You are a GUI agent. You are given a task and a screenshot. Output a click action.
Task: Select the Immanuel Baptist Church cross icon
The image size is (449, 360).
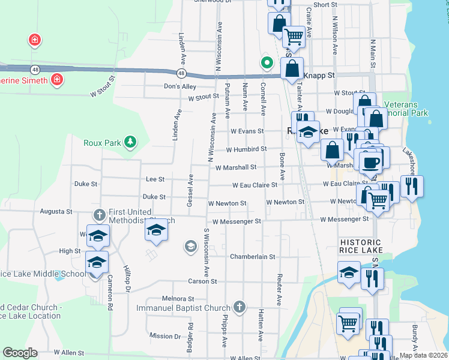click(x=240, y=308)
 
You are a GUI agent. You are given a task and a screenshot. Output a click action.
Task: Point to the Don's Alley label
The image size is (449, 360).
click(x=180, y=86)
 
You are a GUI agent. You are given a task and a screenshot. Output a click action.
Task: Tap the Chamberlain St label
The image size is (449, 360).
click(x=252, y=256)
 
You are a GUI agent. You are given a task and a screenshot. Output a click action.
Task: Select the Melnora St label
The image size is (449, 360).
click(x=178, y=298)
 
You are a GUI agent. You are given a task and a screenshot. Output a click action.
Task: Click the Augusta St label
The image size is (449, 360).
click(x=56, y=212)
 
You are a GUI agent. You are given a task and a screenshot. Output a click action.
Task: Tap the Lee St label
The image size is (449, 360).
click(x=155, y=179)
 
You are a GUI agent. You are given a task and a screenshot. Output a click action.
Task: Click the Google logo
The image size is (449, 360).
click(x=20, y=353)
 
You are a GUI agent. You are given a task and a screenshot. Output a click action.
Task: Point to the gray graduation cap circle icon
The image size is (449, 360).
click(x=190, y=246)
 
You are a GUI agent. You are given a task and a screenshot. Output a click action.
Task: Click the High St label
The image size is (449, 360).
click(x=70, y=251)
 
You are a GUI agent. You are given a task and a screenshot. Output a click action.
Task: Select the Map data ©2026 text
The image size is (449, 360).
click(x=423, y=355)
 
